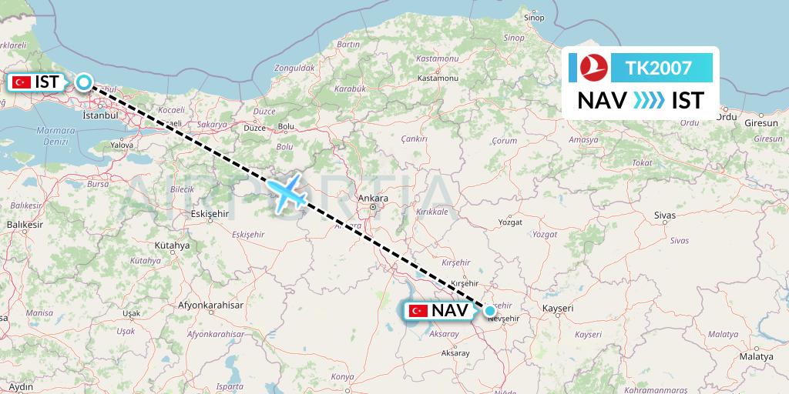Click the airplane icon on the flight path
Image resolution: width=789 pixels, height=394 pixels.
[287, 192]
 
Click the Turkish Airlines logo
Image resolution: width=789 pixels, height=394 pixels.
[593, 68]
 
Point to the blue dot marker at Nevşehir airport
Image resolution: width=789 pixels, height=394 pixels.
[490, 311]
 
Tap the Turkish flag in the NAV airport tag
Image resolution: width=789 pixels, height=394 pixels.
[419, 311]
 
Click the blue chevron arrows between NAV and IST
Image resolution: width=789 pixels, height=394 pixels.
[646, 101]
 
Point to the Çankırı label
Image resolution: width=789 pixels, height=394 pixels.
[414, 139]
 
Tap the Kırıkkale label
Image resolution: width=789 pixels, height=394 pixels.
[431, 211]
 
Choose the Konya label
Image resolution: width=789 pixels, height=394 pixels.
[341, 377]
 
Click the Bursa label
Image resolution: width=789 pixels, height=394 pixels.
[98, 185]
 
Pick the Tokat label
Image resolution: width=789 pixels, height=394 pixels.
[620, 162]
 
